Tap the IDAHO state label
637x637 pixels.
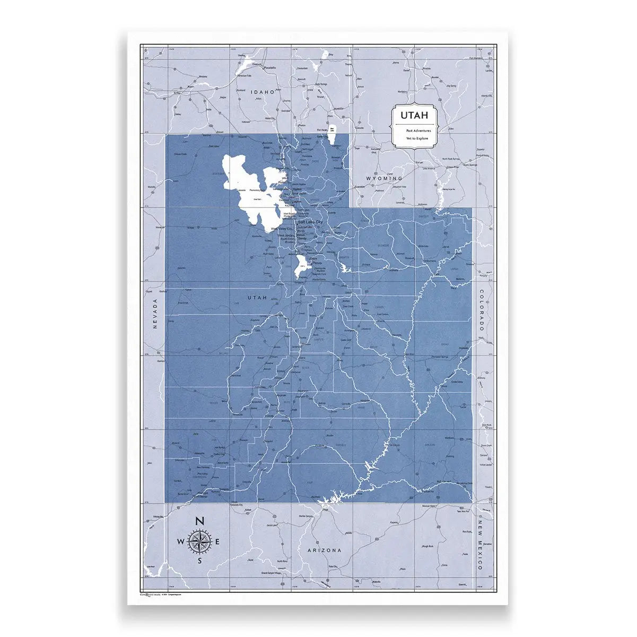tap(264, 92)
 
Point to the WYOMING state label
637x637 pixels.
tap(386, 178)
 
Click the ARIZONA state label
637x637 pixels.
tap(324, 550)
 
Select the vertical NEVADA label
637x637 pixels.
tap(155, 313)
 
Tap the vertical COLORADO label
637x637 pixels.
tap(481, 311)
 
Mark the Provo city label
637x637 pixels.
tap(318, 263)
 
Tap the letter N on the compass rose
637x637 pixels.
tap(199, 521)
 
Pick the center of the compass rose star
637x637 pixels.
tap(199, 541)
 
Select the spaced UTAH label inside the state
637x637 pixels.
tap(258, 298)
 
